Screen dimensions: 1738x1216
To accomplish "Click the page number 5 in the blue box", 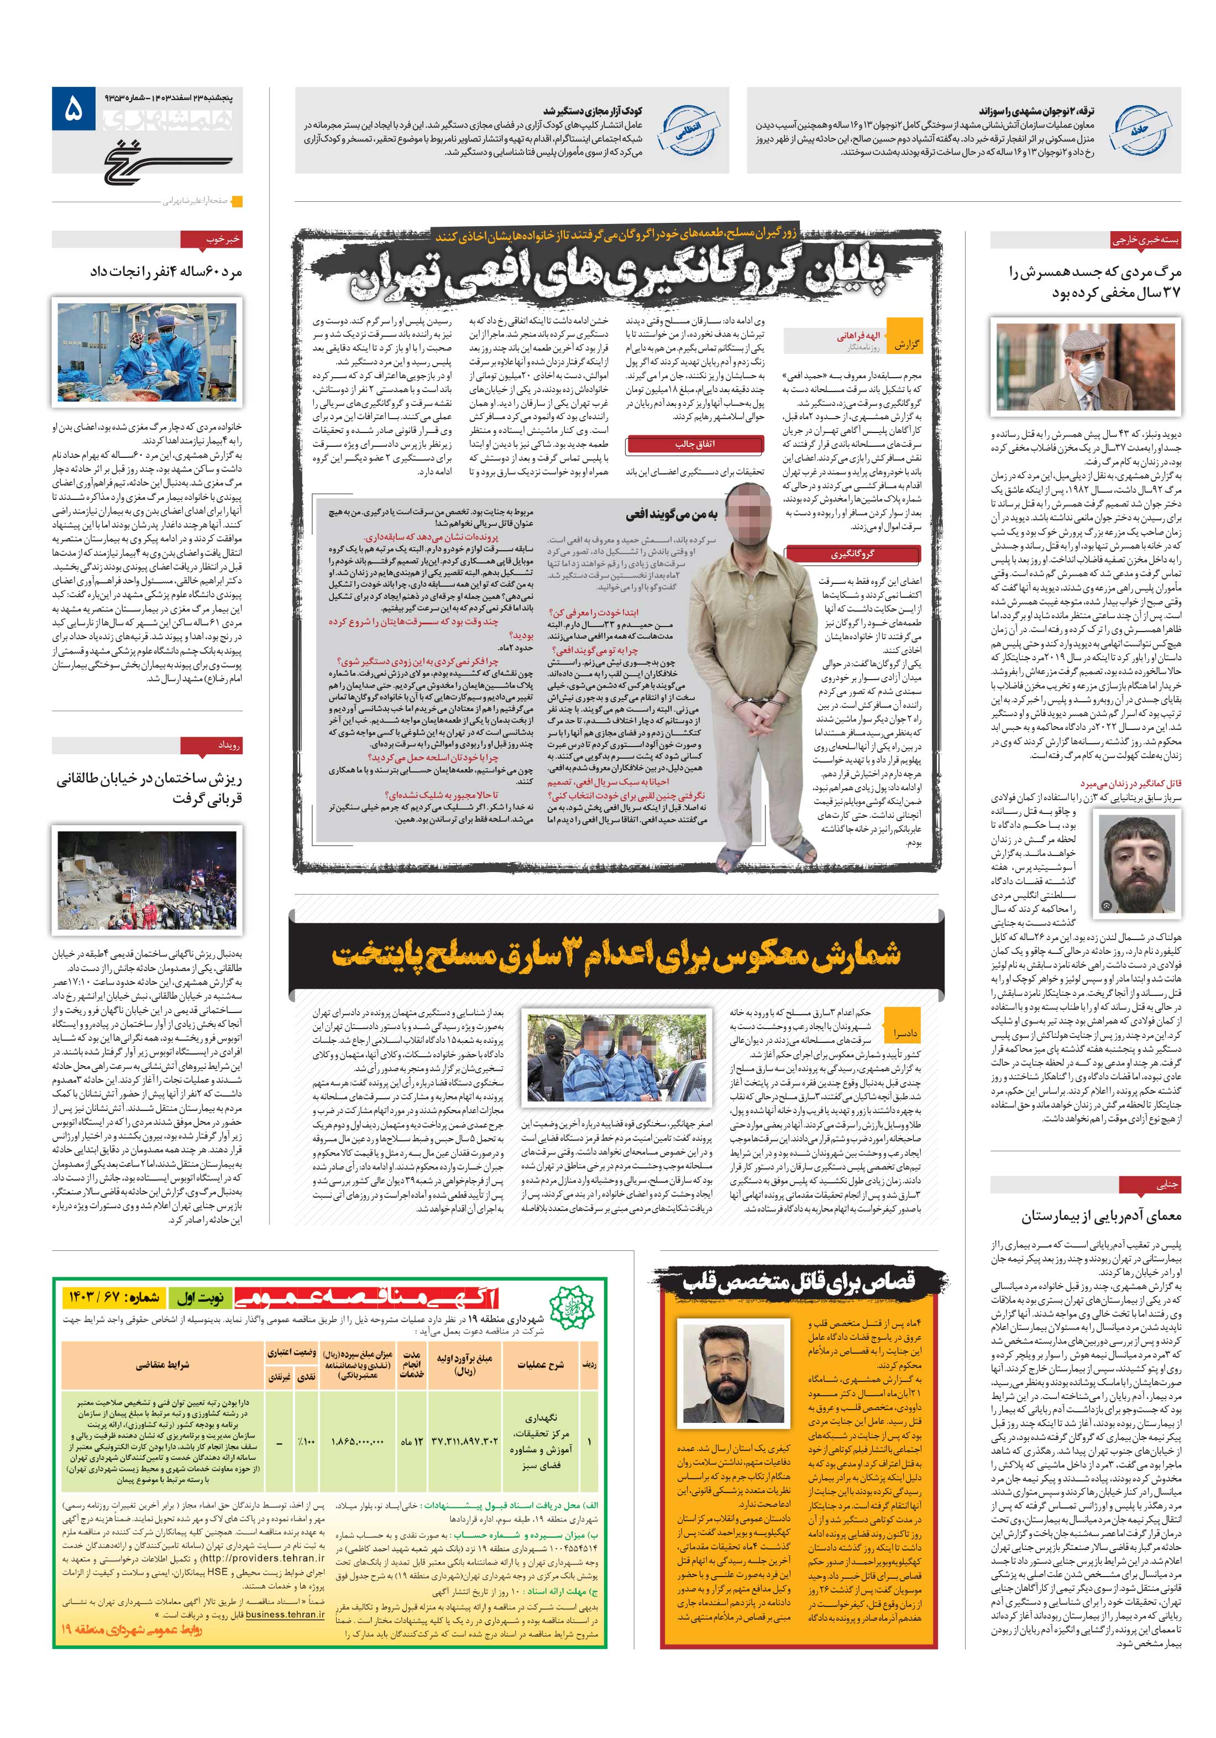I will (x=72, y=111).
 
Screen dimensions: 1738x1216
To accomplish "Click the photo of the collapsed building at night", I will (x=148, y=880).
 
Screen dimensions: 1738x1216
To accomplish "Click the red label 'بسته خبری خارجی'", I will (x=1145, y=240).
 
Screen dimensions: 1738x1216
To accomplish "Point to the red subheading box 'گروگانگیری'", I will (x=852, y=554).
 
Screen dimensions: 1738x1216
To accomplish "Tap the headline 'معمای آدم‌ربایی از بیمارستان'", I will (x=1100, y=1217).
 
